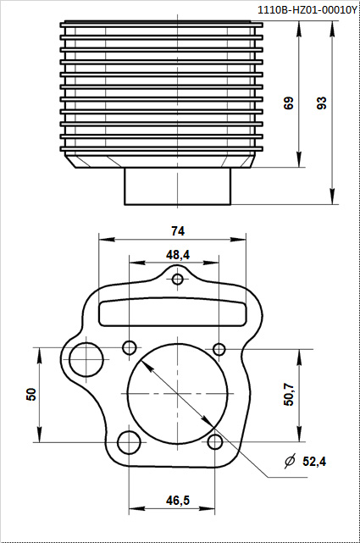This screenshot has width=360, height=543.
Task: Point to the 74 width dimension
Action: tap(178, 230)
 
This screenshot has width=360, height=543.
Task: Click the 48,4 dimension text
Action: tap(178, 254)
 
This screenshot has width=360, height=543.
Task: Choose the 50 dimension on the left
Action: tap(31, 394)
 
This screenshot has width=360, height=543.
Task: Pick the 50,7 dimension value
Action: tap(289, 394)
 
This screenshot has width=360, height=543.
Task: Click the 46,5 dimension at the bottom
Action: tap(178, 501)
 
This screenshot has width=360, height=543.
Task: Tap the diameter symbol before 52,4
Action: tap(290, 462)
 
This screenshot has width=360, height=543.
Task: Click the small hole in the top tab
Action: tap(178, 280)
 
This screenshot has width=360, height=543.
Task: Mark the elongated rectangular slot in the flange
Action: tap(178, 311)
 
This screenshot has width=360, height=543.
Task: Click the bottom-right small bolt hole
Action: tap(218, 441)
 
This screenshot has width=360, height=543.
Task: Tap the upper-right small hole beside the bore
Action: tap(219, 349)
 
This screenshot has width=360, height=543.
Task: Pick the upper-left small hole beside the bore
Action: tap(130, 347)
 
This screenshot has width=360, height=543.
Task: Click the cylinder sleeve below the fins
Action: tap(178, 186)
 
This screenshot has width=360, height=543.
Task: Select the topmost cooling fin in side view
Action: tap(161, 24)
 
